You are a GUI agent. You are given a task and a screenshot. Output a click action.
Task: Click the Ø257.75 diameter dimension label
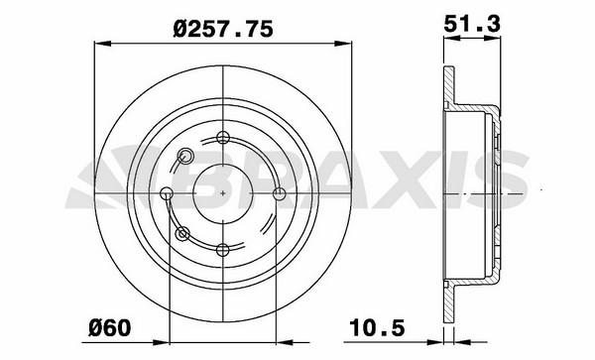pyautogui.click(x=223, y=29)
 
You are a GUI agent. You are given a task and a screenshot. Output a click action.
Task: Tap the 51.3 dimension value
pyautogui.click(x=472, y=24)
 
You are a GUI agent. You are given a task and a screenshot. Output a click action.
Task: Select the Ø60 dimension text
pyautogui.click(x=110, y=327)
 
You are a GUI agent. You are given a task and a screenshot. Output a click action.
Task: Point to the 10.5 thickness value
pyautogui.click(x=377, y=327)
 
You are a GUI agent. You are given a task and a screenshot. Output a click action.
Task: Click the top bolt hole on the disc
pyautogui.click(x=223, y=137)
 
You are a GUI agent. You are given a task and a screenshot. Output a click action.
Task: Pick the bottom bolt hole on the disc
pyautogui.click(x=223, y=250)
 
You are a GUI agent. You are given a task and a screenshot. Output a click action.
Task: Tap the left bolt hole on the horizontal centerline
pyautogui.click(x=167, y=193)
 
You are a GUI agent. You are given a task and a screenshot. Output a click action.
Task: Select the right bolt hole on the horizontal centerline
pyautogui.click(x=280, y=193)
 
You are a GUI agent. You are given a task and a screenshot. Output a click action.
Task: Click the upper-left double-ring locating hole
pyautogui.click(x=185, y=156)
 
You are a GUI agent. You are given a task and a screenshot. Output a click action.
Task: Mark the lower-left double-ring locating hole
pyautogui.click(x=182, y=233)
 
